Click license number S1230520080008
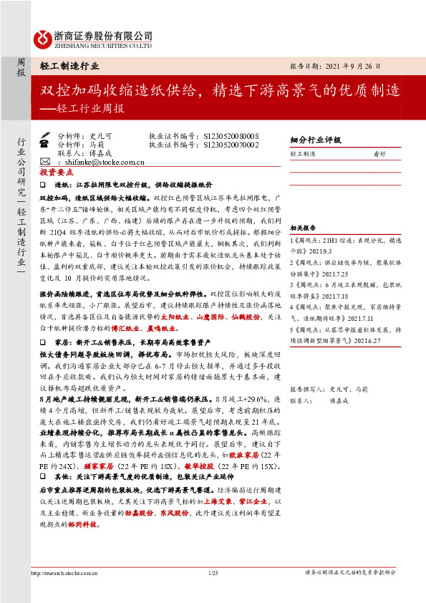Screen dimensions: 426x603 231,135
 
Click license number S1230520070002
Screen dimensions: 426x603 231,144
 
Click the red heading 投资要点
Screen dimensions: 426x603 57,173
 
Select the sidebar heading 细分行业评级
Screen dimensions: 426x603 315,140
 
